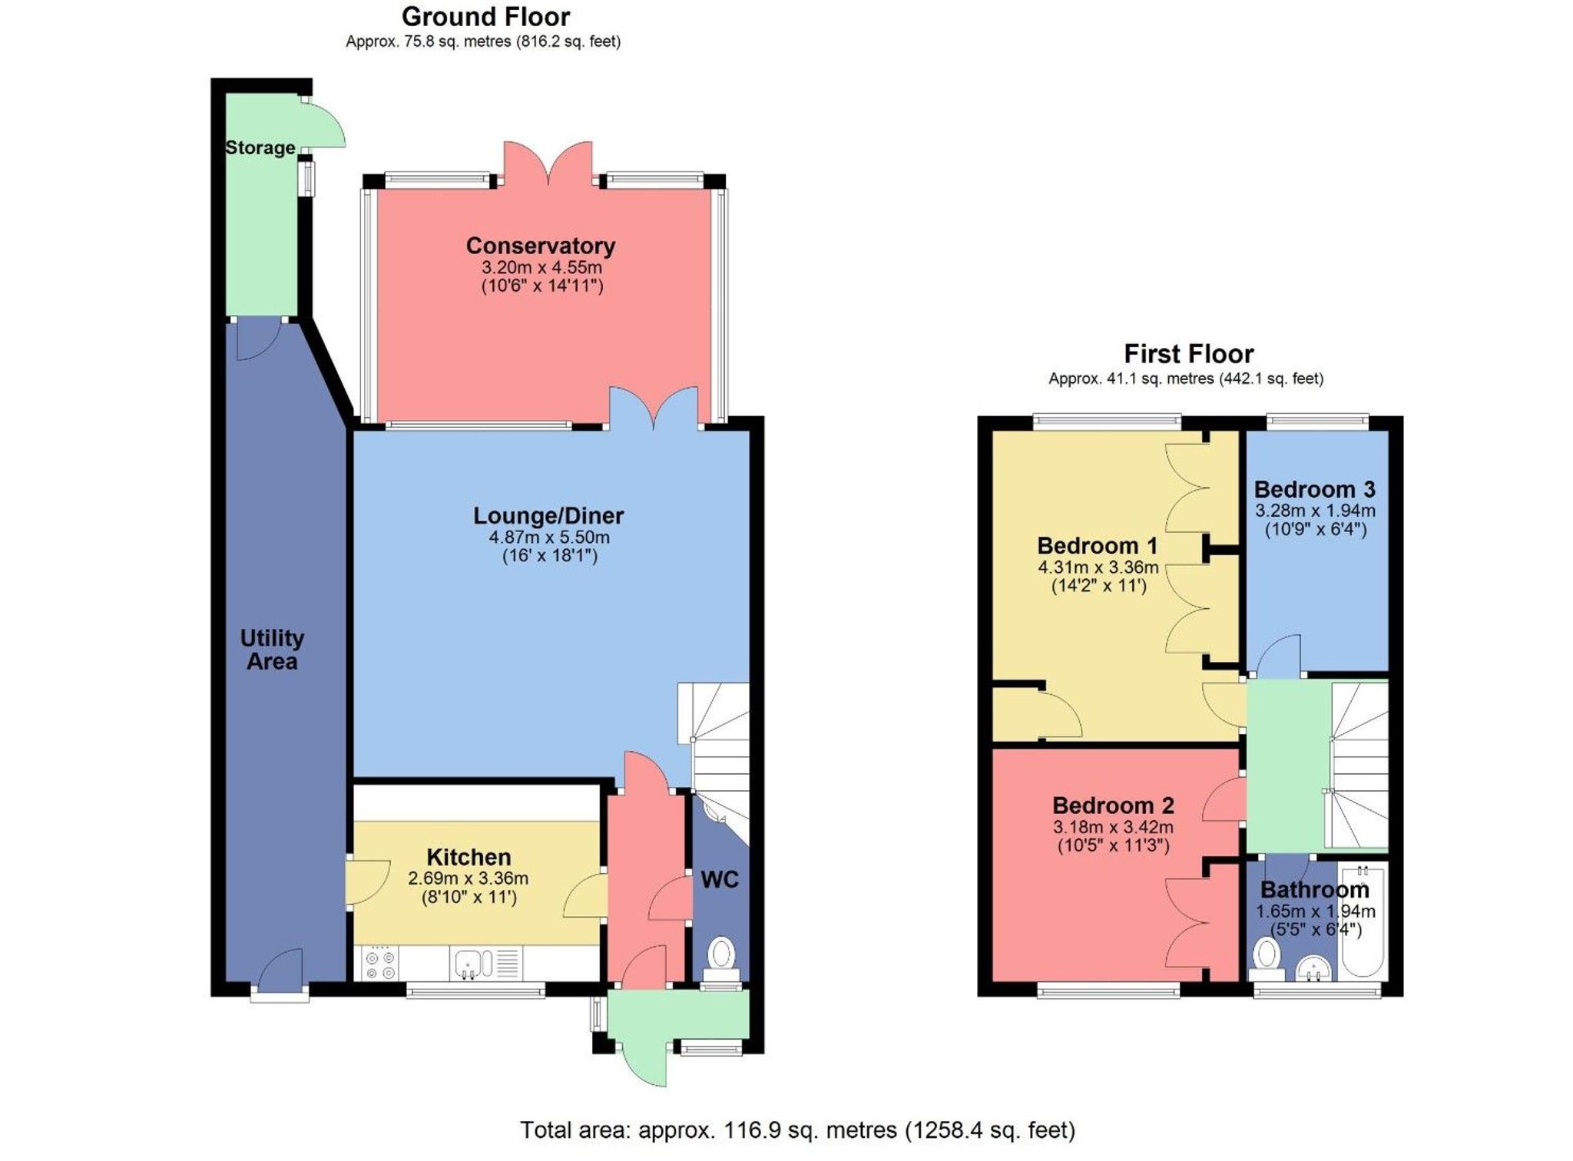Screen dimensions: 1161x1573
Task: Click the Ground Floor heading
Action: (485, 17)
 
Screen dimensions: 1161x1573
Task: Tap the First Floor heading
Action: (1188, 354)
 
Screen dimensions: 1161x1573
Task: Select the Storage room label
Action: (260, 147)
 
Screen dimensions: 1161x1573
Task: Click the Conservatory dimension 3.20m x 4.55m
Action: (541, 268)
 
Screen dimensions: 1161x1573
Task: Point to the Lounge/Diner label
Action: (548, 516)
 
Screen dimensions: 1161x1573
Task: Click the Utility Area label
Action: (272, 650)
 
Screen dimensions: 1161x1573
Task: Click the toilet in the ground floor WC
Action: (721, 956)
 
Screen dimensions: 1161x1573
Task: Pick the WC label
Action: (720, 880)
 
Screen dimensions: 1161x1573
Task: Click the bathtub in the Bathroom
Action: (1363, 921)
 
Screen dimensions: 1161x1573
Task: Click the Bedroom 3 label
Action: (1314, 490)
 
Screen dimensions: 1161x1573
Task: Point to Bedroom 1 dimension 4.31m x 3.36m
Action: (1098, 568)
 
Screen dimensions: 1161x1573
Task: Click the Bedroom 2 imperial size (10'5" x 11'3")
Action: (1113, 846)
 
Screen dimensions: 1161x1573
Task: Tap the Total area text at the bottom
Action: (797, 1130)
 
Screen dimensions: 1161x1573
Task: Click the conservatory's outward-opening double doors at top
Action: (548, 163)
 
